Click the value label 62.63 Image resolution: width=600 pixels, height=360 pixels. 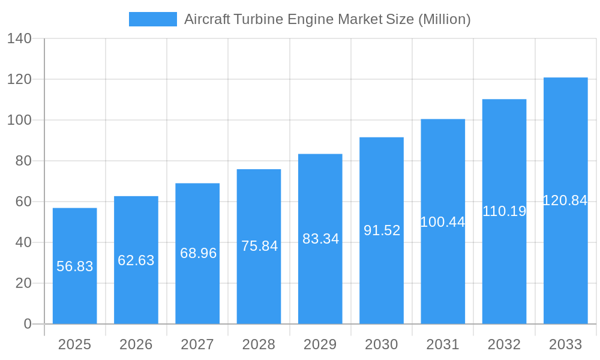point(136,260)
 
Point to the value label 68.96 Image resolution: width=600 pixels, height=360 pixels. point(198,253)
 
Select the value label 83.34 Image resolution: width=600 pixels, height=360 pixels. point(320,239)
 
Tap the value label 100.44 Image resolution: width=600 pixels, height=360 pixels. point(443,222)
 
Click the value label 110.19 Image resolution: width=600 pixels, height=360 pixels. point(504,211)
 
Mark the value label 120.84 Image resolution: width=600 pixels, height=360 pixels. point(565,200)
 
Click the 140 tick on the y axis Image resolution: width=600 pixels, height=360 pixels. point(19,38)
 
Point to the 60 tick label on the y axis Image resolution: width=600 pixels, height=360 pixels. point(23,202)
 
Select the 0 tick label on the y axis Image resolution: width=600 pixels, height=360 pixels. point(28,324)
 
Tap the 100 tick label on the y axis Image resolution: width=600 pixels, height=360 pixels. point(19,120)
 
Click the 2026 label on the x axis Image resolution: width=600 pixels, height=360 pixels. point(136,344)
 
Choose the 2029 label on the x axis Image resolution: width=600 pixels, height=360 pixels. point(320,344)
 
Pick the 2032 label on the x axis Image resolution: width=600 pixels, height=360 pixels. point(504,344)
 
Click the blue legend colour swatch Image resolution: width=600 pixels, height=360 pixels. point(153,19)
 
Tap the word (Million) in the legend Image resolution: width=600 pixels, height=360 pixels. point(444,19)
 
